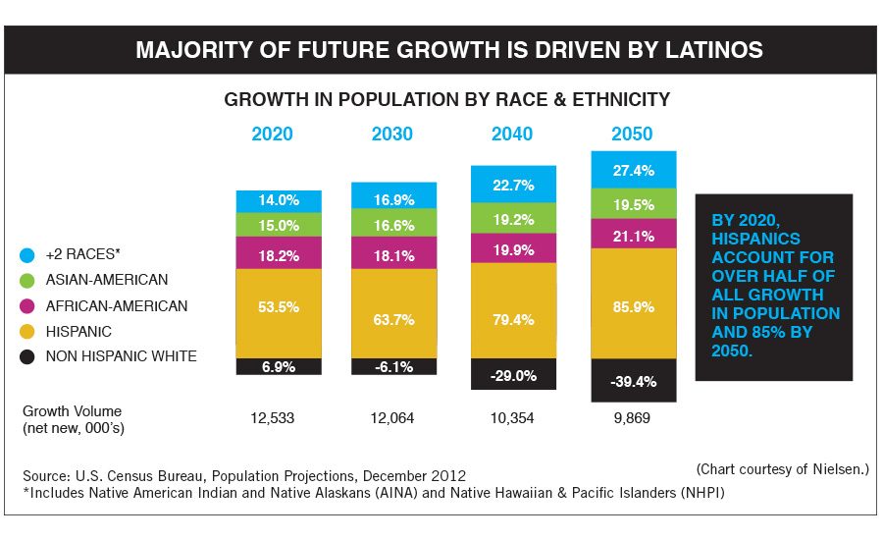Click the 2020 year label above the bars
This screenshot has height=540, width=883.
(273, 135)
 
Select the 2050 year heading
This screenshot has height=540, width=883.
(632, 135)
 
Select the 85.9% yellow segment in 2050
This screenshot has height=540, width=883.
(633, 303)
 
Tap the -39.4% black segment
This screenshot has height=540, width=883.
(633, 380)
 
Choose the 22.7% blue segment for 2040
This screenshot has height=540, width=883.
(514, 184)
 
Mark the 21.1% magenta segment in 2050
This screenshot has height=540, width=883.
(633, 234)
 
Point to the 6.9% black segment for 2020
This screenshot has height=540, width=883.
(279, 366)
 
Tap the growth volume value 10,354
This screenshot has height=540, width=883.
(510, 418)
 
